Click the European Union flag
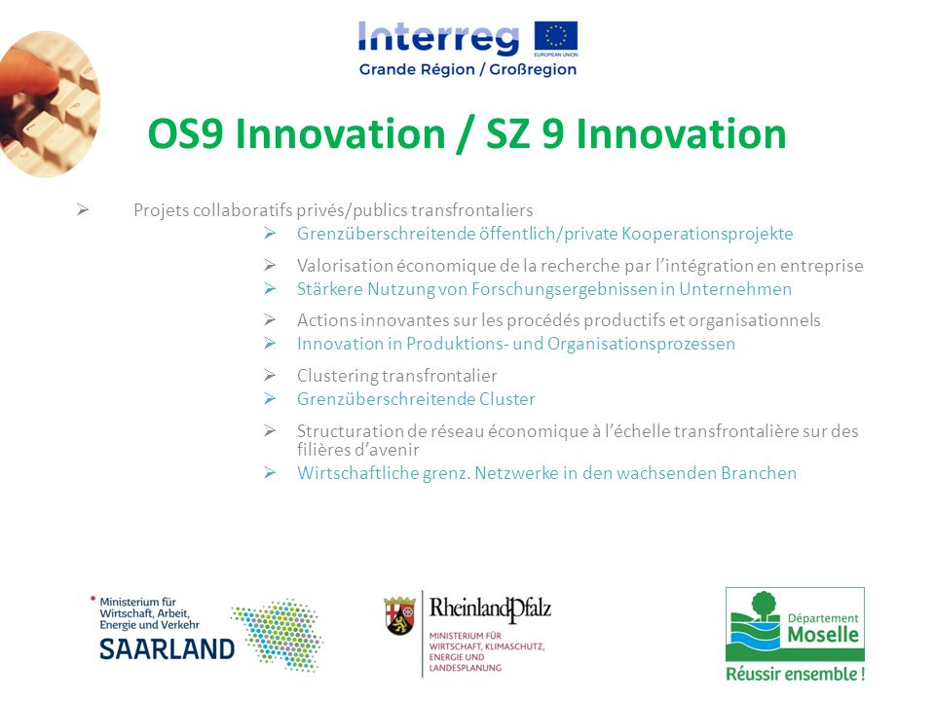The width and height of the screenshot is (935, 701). click(556, 36)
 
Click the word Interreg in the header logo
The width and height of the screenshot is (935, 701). click(439, 38)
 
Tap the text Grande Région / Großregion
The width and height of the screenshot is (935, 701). click(468, 70)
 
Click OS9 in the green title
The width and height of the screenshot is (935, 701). click(185, 133)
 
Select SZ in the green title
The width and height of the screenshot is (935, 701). click(507, 133)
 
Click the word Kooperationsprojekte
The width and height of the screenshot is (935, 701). click(707, 234)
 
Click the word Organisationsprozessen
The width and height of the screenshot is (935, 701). click(641, 344)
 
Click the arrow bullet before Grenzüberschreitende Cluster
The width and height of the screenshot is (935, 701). click(270, 398)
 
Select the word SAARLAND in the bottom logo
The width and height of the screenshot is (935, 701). click(167, 649)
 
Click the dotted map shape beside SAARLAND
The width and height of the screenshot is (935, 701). click(278, 634)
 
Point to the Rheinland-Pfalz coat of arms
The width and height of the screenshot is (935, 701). click(400, 614)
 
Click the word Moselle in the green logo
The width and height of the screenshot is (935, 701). click(823, 634)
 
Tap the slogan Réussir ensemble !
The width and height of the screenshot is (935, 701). click(795, 674)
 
